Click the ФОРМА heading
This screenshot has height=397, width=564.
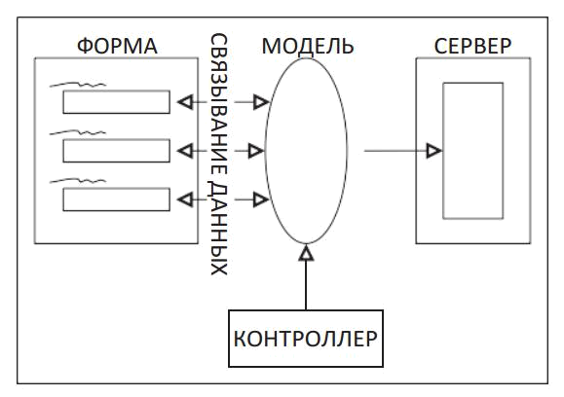pos(117,46)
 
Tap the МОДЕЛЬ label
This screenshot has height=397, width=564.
pos(308,46)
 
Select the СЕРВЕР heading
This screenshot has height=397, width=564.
pos(472,46)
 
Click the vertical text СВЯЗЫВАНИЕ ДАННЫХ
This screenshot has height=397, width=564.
pos(218,154)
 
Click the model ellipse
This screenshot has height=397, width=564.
pos(266,151)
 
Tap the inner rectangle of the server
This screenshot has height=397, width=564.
pos(443,151)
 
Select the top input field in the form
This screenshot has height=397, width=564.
pos(116,102)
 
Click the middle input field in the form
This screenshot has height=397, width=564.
pos(116,151)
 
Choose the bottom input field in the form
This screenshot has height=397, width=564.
pos(116,199)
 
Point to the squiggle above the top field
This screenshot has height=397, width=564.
pos(78,85)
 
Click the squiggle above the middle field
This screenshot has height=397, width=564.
pos(78,132)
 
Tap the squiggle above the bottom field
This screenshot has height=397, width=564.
pos(78,181)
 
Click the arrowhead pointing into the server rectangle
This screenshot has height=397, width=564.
pos(433,151)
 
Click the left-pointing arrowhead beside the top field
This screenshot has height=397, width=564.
pos(185,102)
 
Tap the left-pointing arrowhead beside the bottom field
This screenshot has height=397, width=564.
pos(185,199)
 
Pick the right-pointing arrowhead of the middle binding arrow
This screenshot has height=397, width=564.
pos(256,151)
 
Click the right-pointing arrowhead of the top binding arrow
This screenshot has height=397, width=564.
pos(261,102)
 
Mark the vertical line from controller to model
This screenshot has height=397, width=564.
pos(306,285)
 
